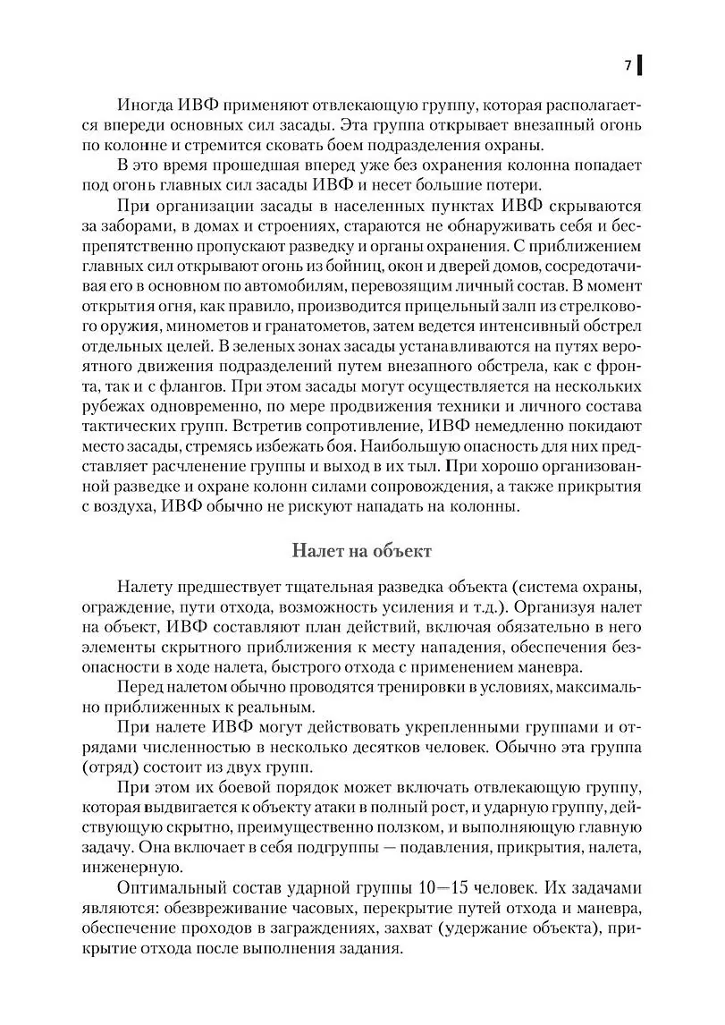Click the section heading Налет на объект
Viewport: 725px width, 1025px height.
tap(362, 551)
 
